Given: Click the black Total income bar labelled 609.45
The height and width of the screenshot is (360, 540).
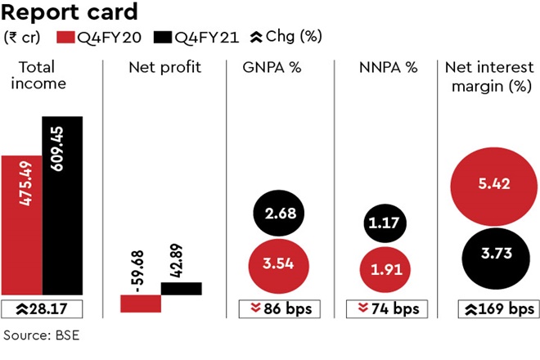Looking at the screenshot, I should click(x=63, y=205).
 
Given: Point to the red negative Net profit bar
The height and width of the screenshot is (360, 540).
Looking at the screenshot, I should click(x=141, y=303).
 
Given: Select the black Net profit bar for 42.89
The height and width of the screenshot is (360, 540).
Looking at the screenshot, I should click(x=182, y=288).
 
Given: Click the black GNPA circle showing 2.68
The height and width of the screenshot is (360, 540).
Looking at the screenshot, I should click(x=280, y=214).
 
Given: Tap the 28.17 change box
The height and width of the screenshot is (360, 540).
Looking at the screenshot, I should click(x=42, y=309).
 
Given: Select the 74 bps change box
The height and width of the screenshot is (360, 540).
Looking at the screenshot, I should click(x=389, y=309).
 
